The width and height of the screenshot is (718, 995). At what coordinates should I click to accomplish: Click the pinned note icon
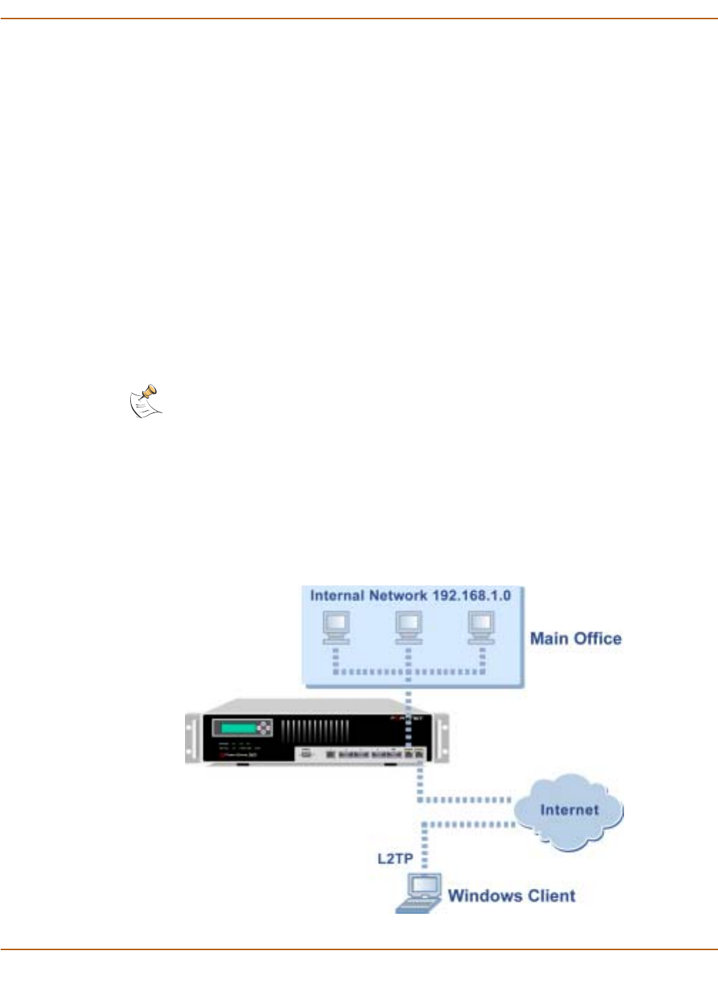tap(146, 402)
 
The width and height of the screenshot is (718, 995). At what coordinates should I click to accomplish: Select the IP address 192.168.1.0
tap(471, 595)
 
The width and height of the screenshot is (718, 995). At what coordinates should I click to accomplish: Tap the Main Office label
tap(576, 638)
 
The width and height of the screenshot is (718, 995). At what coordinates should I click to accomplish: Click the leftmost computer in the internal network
tap(336, 627)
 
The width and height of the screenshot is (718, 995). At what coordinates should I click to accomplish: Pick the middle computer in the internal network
tap(408, 627)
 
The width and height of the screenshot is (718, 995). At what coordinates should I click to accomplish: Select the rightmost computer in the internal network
tap(481, 627)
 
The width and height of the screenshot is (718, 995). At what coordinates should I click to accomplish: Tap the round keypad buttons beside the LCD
tap(264, 728)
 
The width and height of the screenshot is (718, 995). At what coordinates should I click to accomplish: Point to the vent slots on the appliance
tap(315, 731)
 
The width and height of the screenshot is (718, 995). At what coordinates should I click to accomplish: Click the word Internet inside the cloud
tap(569, 810)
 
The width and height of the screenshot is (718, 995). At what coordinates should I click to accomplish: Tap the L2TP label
tap(395, 858)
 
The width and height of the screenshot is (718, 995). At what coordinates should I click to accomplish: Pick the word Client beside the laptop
tap(549, 896)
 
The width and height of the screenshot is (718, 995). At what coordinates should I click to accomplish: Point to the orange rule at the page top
tap(359, 19)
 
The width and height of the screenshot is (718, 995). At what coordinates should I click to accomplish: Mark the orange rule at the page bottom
tap(359, 949)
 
